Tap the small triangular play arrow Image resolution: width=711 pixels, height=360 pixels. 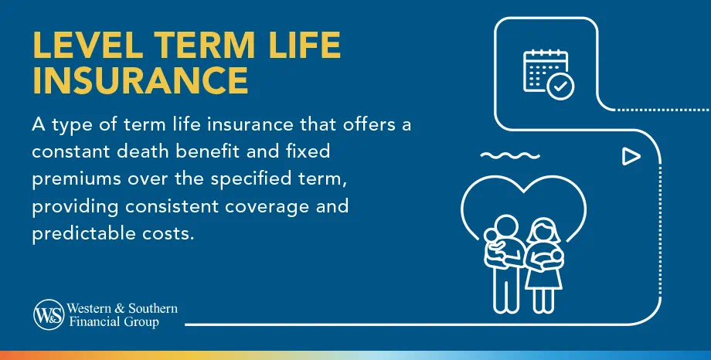[631, 158]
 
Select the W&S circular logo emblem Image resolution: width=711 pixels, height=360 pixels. [49, 314]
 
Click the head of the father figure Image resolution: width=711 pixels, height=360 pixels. [505, 227]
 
